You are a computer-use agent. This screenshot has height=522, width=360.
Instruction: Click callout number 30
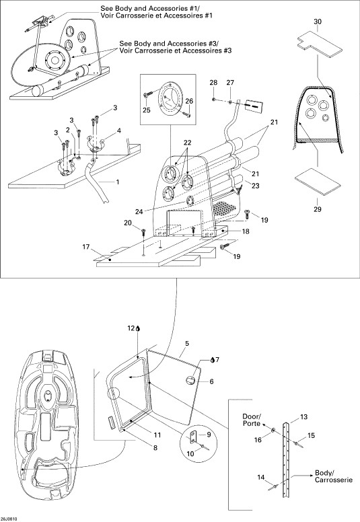[318, 22]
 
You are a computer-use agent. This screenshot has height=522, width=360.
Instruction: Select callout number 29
[318, 209]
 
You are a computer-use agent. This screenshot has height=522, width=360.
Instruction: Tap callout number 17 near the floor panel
[86, 247]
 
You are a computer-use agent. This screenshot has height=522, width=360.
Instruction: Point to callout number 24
[139, 211]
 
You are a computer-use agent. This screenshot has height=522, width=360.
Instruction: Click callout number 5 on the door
[187, 343]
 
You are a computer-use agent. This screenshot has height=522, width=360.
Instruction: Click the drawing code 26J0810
[9, 519]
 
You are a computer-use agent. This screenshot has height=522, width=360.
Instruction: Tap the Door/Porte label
[252, 420]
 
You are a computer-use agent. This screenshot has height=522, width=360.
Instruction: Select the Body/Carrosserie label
[333, 476]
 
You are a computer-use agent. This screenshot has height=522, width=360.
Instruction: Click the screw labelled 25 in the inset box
[148, 95]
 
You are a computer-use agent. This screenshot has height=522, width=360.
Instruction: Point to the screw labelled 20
[144, 231]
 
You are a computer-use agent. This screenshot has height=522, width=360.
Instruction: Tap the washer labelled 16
[273, 431]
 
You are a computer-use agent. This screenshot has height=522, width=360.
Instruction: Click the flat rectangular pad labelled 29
[318, 182]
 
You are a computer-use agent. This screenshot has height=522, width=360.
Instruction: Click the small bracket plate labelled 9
[194, 437]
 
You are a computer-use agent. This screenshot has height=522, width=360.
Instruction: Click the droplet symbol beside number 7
[213, 359]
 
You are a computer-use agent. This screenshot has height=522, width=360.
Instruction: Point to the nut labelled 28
[213, 99]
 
